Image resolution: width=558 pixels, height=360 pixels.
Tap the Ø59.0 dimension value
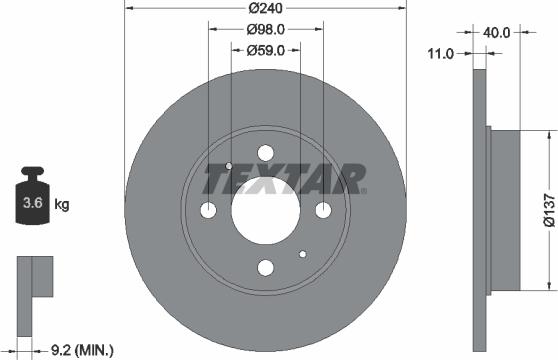(x=266, y=49)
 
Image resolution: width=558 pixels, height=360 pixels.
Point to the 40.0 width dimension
(x=497, y=32)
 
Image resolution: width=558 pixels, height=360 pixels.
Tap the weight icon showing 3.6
(x=33, y=204)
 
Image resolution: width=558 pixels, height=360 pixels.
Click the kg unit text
(x=61, y=206)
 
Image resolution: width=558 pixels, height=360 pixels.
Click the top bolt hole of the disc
(x=265, y=153)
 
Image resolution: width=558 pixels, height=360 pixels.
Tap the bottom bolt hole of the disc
(x=265, y=268)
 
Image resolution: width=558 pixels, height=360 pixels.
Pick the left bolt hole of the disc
(x=208, y=211)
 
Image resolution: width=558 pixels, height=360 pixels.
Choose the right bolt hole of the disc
(x=323, y=211)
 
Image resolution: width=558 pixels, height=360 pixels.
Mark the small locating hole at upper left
(x=230, y=166)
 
